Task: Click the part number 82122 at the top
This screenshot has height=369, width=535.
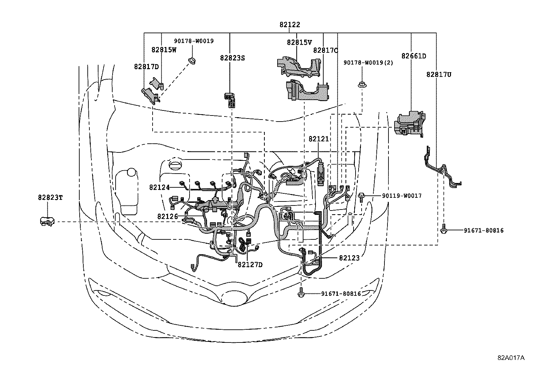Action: point(289,25)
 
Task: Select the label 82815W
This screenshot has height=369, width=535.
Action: point(164,50)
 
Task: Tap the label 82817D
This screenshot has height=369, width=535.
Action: point(146,66)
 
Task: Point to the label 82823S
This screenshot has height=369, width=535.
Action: point(232,58)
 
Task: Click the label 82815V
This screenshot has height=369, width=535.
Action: point(299,42)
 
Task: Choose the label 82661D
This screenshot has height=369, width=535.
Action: point(413,56)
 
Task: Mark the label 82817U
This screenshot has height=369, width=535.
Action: point(439,75)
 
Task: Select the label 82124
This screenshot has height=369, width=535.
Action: point(160,187)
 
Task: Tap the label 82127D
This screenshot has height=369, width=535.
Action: point(250,265)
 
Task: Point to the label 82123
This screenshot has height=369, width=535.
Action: point(349,258)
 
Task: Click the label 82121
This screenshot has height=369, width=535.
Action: point(319,139)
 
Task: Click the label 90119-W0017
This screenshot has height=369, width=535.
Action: point(402,196)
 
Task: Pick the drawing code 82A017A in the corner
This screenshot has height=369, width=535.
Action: point(511,358)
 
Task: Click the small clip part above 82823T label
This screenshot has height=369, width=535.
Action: point(47,221)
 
